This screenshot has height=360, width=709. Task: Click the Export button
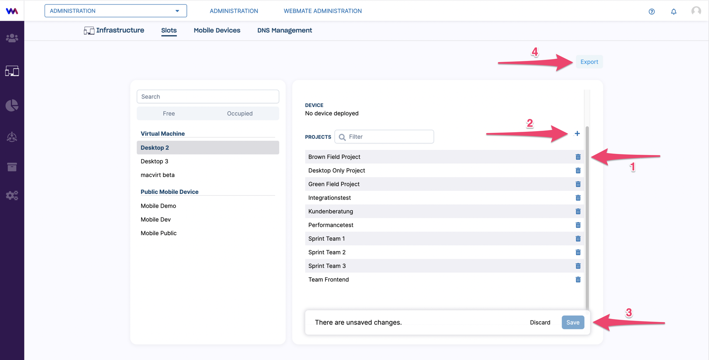coord(589,62)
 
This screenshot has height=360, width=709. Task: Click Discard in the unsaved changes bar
coord(540,322)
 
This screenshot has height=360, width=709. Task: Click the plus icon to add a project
coord(577,134)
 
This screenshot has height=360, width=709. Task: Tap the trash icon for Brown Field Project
coord(578,157)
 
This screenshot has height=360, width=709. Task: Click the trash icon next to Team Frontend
coord(578,280)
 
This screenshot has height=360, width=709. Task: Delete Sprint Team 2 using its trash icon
coord(578,252)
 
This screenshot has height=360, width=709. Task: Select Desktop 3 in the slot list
coord(154,161)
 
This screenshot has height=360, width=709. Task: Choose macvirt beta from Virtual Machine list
coord(158,175)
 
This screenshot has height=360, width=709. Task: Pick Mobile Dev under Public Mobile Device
coord(155,219)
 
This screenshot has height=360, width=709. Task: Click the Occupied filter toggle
coord(240,113)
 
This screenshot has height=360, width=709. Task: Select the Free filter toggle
coord(169,113)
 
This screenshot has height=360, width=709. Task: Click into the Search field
coord(208,97)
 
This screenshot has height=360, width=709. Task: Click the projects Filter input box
coord(384,137)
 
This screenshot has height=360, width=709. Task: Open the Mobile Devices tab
coord(217,30)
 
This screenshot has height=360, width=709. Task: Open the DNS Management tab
coord(285,30)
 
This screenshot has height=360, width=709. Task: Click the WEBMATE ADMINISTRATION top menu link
coord(323,11)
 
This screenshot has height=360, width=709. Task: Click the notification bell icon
coord(674,11)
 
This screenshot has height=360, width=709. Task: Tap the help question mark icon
coord(652,11)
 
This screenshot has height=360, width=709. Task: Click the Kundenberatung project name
coord(330,211)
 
